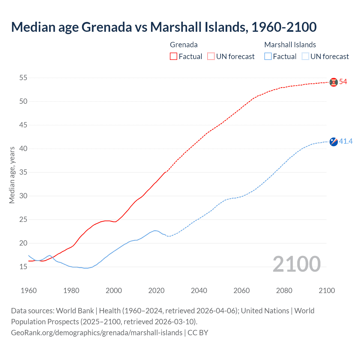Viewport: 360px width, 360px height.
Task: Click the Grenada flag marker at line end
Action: click(x=334, y=82)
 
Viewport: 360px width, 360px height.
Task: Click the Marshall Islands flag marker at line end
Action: click(x=334, y=142)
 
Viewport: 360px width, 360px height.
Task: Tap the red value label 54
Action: click(x=343, y=82)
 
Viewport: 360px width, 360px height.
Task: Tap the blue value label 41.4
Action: click(x=346, y=141)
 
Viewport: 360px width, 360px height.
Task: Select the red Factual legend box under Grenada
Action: click(x=174, y=57)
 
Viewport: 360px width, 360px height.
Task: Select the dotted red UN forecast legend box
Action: click(x=211, y=57)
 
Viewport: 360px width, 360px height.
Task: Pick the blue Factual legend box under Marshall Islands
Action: click(x=268, y=57)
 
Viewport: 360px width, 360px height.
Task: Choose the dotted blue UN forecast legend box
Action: click(x=305, y=57)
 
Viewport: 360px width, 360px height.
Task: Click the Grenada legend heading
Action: click(x=184, y=45)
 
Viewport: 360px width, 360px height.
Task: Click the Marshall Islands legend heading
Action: click(x=290, y=45)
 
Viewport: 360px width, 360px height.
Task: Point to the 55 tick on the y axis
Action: click(x=23, y=78)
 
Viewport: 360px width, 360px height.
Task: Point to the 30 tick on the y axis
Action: click(x=23, y=196)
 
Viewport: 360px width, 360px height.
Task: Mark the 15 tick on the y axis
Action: click(x=23, y=267)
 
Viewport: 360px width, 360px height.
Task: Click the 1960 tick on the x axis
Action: click(x=29, y=291)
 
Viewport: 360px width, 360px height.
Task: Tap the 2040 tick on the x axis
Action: click(x=199, y=291)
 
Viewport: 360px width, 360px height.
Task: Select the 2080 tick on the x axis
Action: click(x=284, y=291)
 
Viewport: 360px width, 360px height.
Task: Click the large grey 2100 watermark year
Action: click(x=296, y=264)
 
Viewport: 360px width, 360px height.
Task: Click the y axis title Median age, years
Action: click(x=12, y=175)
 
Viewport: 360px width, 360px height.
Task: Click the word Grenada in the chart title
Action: click(x=107, y=27)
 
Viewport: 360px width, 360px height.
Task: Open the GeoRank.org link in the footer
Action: click(x=96, y=333)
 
